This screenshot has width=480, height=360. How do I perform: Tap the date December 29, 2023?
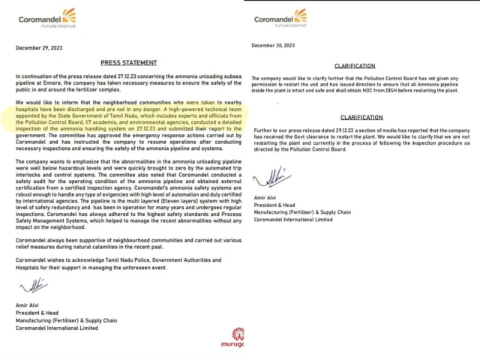[x=39, y=47]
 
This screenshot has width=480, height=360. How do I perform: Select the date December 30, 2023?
[x=274, y=46]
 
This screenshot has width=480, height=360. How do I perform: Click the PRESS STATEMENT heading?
[x=128, y=63]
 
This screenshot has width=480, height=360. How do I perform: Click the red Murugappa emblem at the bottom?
[x=238, y=334]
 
